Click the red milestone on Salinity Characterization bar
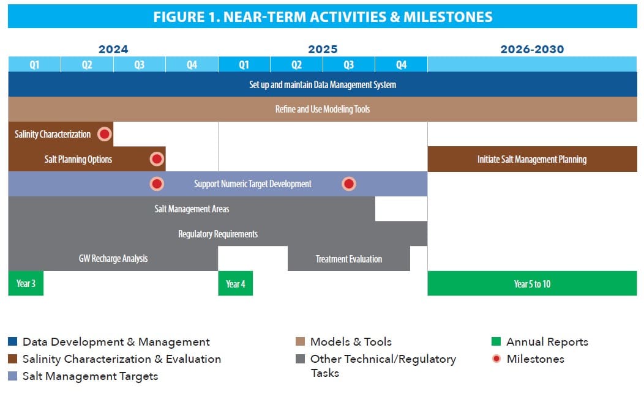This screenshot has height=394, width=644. tap(104, 134)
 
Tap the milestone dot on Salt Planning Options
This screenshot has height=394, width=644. tap(157, 159)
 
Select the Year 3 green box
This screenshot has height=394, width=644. tap(26, 283)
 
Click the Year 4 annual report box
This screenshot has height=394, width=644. tap(235, 283)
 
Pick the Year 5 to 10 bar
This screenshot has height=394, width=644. tap(533, 283)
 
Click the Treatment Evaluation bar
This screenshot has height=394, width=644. tap(349, 259)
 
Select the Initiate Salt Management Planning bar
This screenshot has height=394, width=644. tap(533, 159)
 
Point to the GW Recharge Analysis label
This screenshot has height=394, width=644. tap(113, 259)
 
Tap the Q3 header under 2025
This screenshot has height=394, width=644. tap(349, 64)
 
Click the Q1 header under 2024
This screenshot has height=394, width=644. tap(34, 64)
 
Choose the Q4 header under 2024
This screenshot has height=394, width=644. tap(192, 64)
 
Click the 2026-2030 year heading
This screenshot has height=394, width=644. tap(533, 49)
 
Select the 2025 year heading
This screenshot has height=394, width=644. tap(323, 49)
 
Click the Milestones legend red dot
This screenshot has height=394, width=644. tap(496, 359)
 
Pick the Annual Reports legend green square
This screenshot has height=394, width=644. tap(496, 341)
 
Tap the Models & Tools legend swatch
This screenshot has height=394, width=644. tap(300, 341)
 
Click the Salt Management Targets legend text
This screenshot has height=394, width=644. tap(91, 376)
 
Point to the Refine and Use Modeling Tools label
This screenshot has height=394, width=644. tap(323, 109)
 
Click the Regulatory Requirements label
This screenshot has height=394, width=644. tap(218, 234)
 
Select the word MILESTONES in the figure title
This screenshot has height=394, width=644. tap(447, 17)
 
